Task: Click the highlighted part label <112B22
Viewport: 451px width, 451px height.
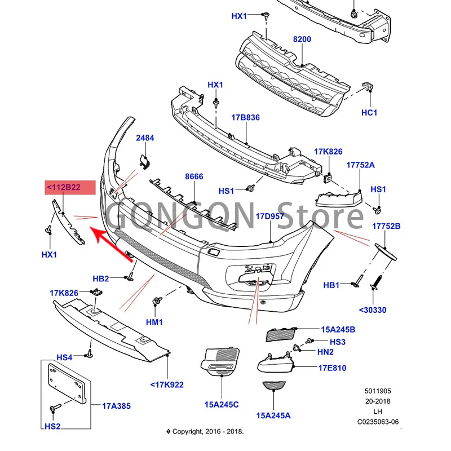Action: (64, 187)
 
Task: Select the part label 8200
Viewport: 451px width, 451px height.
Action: (302, 39)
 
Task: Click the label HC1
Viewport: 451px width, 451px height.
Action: (369, 112)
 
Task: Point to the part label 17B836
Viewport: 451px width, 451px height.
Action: (245, 117)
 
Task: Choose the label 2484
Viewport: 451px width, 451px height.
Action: (145, 138)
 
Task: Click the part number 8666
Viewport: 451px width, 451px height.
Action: (194, 176)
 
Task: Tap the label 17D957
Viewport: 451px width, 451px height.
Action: (271, 216)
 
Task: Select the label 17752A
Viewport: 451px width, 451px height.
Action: (360, 165)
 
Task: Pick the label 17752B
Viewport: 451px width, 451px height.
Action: (386, 226)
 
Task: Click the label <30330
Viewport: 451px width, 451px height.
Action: (373, 310)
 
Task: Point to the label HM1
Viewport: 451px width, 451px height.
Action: (154, 322)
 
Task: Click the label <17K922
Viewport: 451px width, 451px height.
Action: (167, 384)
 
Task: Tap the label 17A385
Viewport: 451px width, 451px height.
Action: (116, 406)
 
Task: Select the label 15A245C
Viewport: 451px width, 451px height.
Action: (222, 404)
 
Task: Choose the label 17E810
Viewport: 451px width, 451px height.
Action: (332, 368)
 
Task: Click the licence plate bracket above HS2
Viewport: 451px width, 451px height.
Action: (67, 383)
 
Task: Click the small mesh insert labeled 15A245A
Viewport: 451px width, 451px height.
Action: (274, 386)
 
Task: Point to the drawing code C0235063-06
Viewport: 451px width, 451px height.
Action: (378, 422)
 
